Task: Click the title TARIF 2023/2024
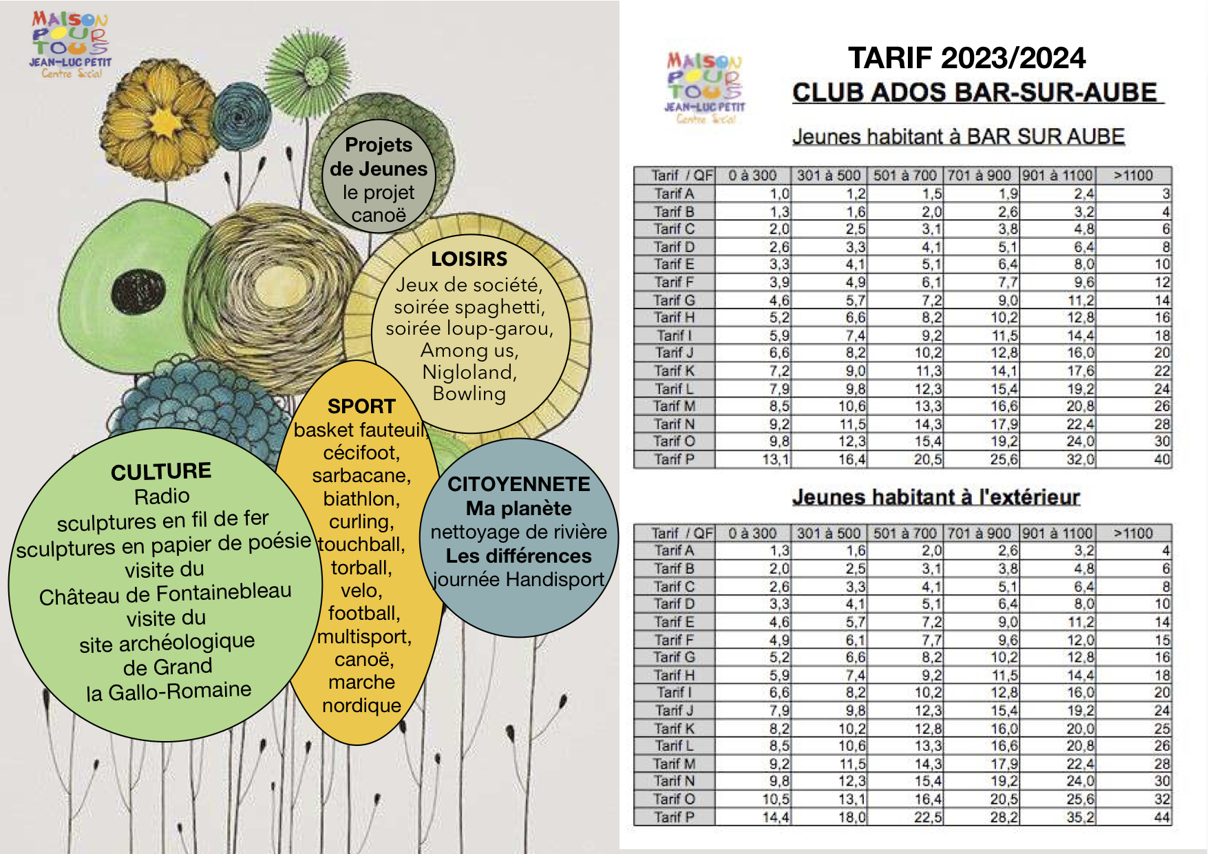(966, 58)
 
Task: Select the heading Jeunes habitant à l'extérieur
(936, 497)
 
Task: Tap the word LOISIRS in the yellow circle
(469, 259)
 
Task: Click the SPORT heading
(361, 406)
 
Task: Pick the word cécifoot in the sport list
(361, 453)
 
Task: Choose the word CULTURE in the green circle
(161, 472)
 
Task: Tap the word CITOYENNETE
(519, 484)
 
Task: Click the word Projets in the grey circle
(379, 145)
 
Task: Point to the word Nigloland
(469, 372)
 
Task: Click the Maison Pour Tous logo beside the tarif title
(704, 87)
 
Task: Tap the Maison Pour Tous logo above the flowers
(70, 44)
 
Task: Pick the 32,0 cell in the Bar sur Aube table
(1080, 459)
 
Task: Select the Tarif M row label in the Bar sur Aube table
(674, 406)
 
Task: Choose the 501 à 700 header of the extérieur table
(905, 533)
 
